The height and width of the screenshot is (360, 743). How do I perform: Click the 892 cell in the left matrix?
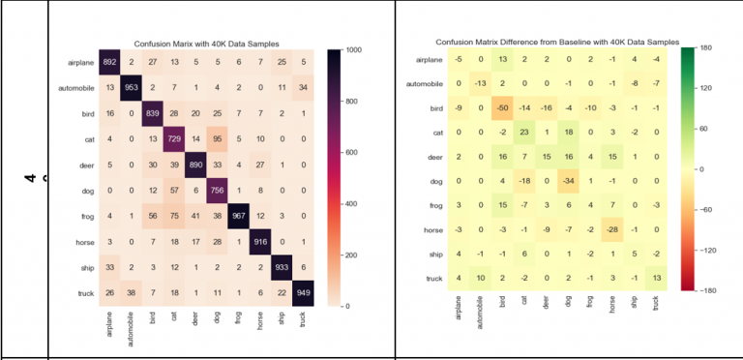pyautogui.click(x=109, y=63)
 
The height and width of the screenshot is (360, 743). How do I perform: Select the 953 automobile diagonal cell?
pyautogui.click(x=132, y=88)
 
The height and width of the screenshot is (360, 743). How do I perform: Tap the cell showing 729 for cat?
pyautogui.click(x=174, y=139)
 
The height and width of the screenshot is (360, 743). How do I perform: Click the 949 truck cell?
pyautogui.click(x=304, y=292)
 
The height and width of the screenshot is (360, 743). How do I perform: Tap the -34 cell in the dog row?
pyautogui.click(x=568, y=181)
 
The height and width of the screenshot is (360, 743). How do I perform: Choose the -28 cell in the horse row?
pyautogui.click(x=612, y=229)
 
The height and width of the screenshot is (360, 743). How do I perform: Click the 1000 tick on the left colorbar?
pyautogui.click(x=351, y=49)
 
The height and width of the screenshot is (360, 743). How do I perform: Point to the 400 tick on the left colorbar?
pyautogui.click(x=349, y=203)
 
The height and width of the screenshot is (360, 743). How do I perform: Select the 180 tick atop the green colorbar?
pyautogui.click(x=705, y=46)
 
